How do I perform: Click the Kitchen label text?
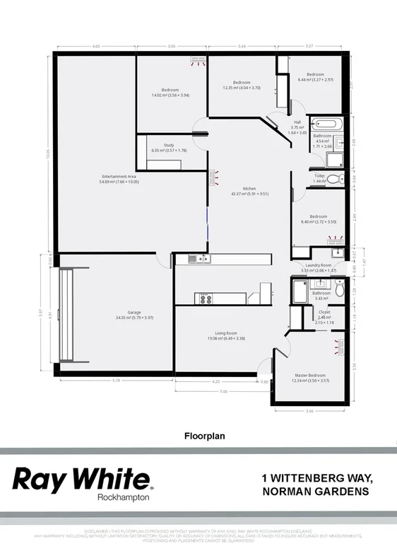[249, 188]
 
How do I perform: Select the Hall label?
[297, 122]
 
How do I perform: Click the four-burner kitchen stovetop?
[206, 298]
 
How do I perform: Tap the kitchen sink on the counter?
[201, 259]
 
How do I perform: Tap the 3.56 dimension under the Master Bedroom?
[309, 410]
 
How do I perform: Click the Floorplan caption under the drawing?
[198, 436]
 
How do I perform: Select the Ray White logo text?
[81, 479]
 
